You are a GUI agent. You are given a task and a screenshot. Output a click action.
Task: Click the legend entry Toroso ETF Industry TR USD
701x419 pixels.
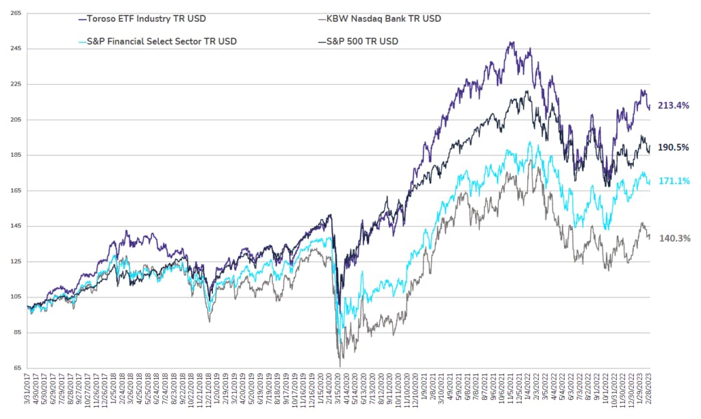pyautogui.click(x=142, y=18)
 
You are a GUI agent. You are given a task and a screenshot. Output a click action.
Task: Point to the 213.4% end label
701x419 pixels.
pyautogui.click(x=673, y=105)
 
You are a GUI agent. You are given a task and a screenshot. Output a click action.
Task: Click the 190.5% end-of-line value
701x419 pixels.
pyautogui.click(x=673, y=147)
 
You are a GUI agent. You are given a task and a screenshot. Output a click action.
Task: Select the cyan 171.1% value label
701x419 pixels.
pyautogui.click(x=673, y=181)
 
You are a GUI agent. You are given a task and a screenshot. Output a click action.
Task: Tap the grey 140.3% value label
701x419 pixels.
pyautogui.click(x=673, y=238)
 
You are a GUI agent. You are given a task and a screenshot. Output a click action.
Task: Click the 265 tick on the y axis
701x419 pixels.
pyautogui.click(x=15, y=13)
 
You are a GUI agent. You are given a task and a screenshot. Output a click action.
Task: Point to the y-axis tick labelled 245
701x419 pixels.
pyautogui.click(x=15, y=49)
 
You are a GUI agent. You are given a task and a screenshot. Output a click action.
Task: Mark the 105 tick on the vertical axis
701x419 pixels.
pyautogui.click(x=15, y=297)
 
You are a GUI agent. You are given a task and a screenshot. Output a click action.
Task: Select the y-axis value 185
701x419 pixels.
pyautogui.click(x=15, y=155)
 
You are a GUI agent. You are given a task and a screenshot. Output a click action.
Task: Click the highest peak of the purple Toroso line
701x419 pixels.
pyautogui.click(x=511, y=42)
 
